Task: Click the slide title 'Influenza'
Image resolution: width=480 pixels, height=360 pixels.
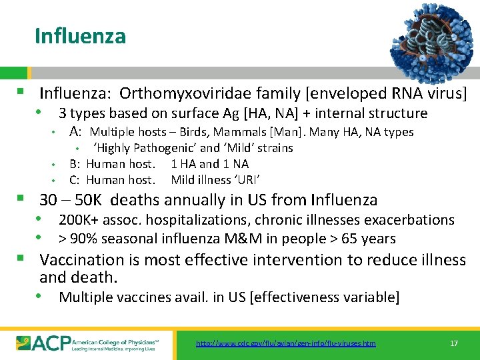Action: click(x=80, y=35)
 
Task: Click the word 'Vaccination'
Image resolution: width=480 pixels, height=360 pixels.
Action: click(x=82, y=260)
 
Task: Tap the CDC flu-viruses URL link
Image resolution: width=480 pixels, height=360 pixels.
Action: click(x=285, y=343)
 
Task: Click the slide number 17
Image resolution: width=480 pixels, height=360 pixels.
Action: click(x=454, y=343)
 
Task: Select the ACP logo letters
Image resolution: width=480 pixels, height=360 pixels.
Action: click(x=45, y=343)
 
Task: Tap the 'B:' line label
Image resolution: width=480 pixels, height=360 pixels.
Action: click(x=75, y=164)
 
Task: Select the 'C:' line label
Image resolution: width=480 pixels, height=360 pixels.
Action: click(x=75, y=180)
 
